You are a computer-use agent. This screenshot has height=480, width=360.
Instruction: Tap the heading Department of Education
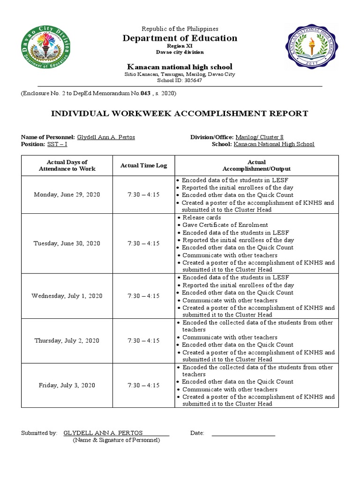coord(180,38)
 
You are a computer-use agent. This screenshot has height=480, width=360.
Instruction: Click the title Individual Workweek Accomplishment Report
coord(180,113)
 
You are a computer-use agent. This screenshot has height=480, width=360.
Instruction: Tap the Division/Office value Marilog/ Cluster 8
coord(259,137)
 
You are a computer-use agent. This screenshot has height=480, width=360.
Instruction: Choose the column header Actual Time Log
coord(143,165)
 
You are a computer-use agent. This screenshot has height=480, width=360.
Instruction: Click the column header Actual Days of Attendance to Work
coord(67,165)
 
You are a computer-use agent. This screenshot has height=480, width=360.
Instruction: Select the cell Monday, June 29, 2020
coord(67,195)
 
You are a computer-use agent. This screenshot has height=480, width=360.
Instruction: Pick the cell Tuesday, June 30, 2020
coord(67,243)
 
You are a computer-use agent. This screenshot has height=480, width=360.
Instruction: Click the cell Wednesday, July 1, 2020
coord(67,296)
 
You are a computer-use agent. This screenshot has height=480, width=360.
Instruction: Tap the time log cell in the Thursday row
coord(143,341)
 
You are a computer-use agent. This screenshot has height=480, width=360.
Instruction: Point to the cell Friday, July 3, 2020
coord(67,385)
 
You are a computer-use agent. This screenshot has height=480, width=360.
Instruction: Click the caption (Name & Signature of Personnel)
coord(116,440)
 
